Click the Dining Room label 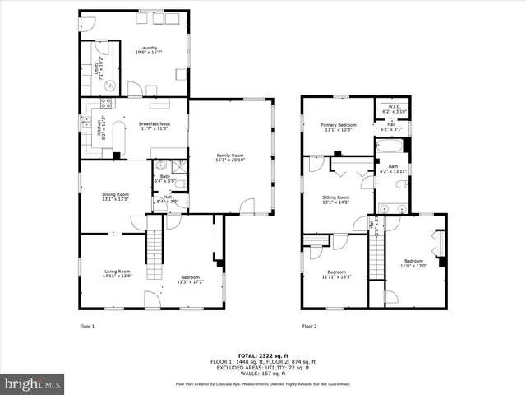(115, 197)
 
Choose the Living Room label (117, 273)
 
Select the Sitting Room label (336, 199)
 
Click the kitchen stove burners (106, 104)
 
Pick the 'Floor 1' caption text (87, 327)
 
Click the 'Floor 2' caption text (309, 327)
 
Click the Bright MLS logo (33, 383)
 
